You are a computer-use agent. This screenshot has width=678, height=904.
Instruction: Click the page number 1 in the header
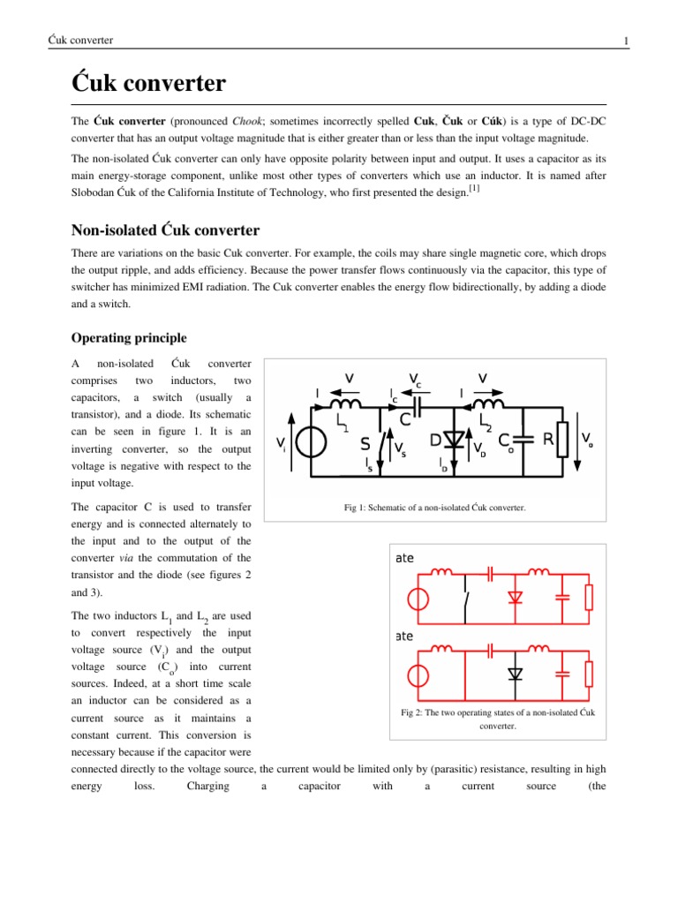[x=625, y=41]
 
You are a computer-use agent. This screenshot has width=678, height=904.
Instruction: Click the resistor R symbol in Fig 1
[x=561, y=440]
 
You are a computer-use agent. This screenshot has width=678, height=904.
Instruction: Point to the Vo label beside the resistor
[x=587, y=439]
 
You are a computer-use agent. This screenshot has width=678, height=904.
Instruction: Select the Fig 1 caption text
[x=434, y=508]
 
